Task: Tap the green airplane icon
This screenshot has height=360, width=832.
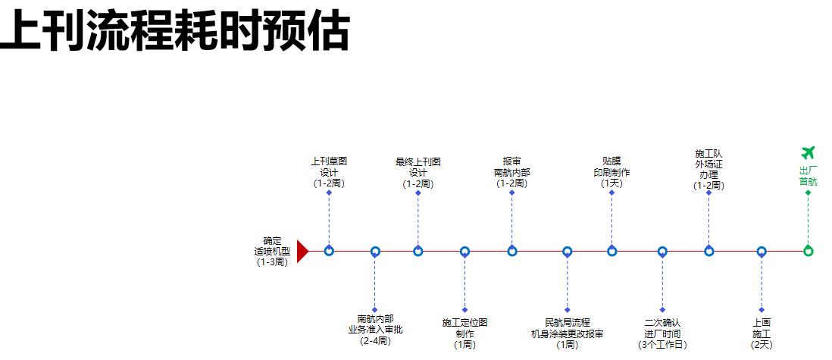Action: pyautogui.click(x=808, y=153)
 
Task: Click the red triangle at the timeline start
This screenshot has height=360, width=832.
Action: pyautogui.click(x=302, y=251)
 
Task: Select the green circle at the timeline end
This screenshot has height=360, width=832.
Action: pyautogui.click(x=808, y=251)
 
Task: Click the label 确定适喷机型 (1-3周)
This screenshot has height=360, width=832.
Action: pyautogui.click(x=272, y=252)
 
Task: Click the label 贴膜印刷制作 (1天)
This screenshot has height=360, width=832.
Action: pyautogui.click(x=611, y=172)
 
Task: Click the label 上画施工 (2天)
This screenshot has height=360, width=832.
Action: pyautogui.click(x=762, y=333)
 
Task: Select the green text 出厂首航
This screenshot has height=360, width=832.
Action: pyautogui.click(x=808, y=176)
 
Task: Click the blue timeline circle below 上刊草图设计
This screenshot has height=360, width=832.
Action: pyautogui.click(x=329, y=251)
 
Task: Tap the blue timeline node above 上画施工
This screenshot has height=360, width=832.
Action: pyautogui.click(x=762, y=251)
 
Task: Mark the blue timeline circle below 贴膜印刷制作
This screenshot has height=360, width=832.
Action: pyautogui.click(x=611, y=251)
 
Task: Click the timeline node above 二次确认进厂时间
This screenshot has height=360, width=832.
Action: pyautogui.click(x=662, y=251)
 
